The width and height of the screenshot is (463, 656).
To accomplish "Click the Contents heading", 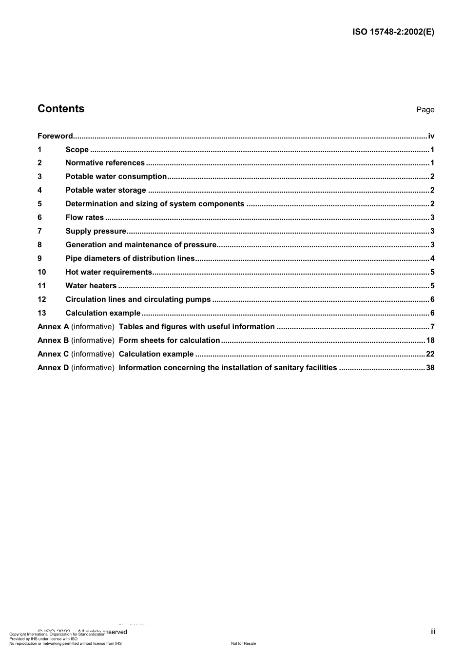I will coord(61,109).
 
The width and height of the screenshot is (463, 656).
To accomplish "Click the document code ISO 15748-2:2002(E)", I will coord(393,32).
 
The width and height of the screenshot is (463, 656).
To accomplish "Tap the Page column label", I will coord(425,110).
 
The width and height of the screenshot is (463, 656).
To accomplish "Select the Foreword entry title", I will coord(55,136).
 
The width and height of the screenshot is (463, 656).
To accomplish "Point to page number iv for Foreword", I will coord(431,136).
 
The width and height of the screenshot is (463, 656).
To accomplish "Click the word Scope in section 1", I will coord(77,150).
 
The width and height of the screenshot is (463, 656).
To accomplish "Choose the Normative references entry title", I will coord(105,163).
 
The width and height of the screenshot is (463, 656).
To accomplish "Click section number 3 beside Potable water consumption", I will coord(40,177).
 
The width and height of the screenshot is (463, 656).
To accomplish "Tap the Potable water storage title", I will coord(106,190).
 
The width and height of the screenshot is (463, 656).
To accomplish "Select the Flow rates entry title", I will coord(84,218).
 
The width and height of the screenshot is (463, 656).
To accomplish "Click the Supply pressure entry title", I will coord(96,231).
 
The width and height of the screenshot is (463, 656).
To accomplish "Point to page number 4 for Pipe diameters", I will coord(432,258).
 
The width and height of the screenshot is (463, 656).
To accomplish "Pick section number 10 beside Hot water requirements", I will coord(42,272).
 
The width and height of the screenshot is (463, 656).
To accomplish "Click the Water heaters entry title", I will coord(91,286).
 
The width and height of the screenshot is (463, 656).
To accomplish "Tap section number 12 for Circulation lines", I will coord(42,299).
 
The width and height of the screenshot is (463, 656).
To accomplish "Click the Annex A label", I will coord(53,327).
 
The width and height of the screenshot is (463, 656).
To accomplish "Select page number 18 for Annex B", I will coord(430,340).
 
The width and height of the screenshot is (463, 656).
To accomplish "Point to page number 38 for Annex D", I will coord(430,368).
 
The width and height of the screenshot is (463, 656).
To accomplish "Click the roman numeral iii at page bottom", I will coord(433,632).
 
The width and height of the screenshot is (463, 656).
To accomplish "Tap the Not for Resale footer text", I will coord(243,643).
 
